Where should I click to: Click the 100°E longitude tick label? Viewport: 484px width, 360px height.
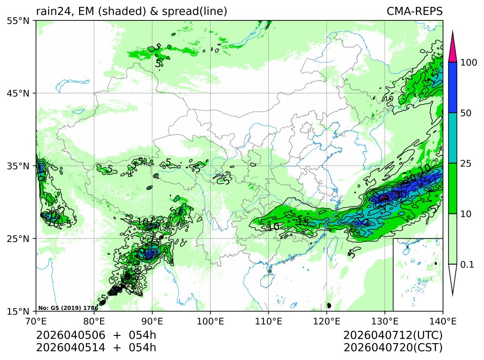pos(210,321)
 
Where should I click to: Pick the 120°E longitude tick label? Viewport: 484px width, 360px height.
pos(327,321)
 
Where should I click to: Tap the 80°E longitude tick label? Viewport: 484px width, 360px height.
pos(94,321)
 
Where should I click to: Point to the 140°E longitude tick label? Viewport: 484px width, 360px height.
pos(443,321)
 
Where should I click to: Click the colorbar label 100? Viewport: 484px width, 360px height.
pos(468,62)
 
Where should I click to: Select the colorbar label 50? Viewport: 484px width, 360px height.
pos(465,113)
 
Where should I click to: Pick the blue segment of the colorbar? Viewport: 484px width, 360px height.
pos(452,87)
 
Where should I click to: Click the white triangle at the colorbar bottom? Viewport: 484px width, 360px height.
pos(452,278)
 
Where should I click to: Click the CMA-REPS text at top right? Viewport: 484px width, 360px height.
pos(414,11)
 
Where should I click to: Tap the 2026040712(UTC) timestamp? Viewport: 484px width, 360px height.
pos(393,335)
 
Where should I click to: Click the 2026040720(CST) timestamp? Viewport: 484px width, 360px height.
pos(393,348)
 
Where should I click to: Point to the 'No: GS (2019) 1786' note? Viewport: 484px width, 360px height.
pos(68,308)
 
